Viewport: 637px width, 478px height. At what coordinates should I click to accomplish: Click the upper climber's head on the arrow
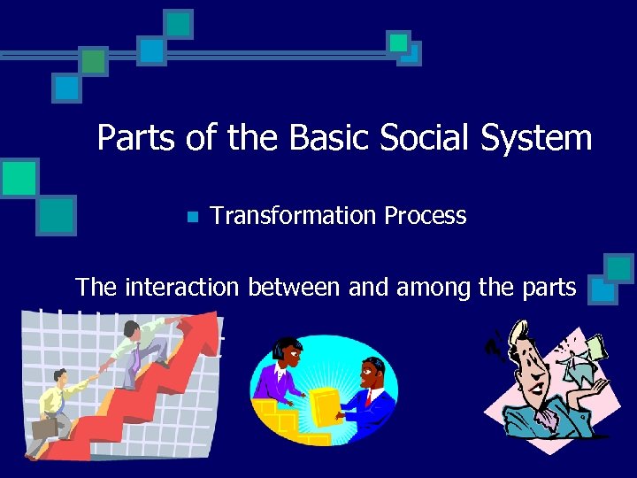pyautogui.click(x=132, y=330)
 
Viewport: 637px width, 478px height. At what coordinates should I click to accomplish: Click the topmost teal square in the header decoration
pyautogui.click(x=178, y=23)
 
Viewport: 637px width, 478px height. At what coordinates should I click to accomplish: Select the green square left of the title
pyautogui.click(x=19, y=178)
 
